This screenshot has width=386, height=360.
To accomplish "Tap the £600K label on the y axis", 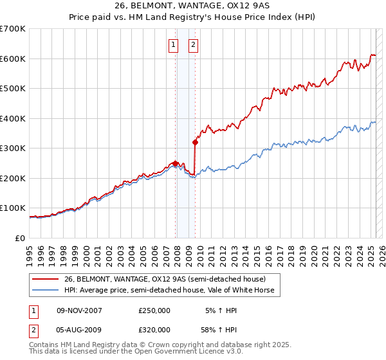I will pos(12,59).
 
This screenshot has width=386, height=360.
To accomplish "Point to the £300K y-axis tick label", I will pos(12,148).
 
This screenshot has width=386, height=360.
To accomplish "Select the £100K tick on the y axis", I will pos(12,208).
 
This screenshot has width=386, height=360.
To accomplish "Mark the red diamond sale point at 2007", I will pos(175,163).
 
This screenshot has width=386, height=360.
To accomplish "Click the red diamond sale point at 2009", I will pos(195,142).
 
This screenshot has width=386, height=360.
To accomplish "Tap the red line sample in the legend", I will pos(46,279).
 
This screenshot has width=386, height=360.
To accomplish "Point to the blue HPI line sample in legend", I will pos(46,290).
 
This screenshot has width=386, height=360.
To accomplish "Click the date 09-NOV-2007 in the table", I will pos(79,310).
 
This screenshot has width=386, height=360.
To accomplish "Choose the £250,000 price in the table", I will pos(154,310).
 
